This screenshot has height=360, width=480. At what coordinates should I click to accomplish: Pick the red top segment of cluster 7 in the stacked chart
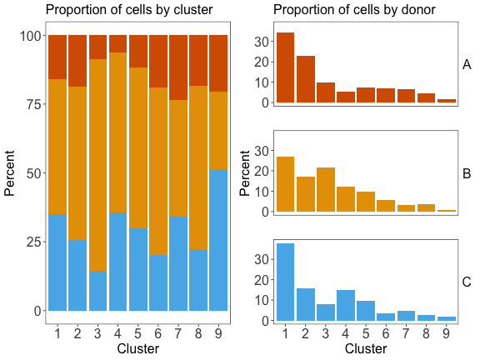coord(178,67)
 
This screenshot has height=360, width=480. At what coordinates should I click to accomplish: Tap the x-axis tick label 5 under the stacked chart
coord(138,333)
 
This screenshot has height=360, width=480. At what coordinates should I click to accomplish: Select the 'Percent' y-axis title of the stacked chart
coord(11,173)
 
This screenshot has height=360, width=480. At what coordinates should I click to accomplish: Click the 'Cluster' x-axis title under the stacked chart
coord(138,348)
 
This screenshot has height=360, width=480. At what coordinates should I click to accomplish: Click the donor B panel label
coord(467,173)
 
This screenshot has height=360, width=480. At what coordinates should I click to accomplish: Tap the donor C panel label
coord(467,282)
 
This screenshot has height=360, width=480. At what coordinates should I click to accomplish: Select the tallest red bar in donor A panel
coord(285,67)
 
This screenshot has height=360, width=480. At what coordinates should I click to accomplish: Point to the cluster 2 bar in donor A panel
coord(306,79)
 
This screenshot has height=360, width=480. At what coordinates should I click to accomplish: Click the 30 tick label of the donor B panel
coord(262,151)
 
